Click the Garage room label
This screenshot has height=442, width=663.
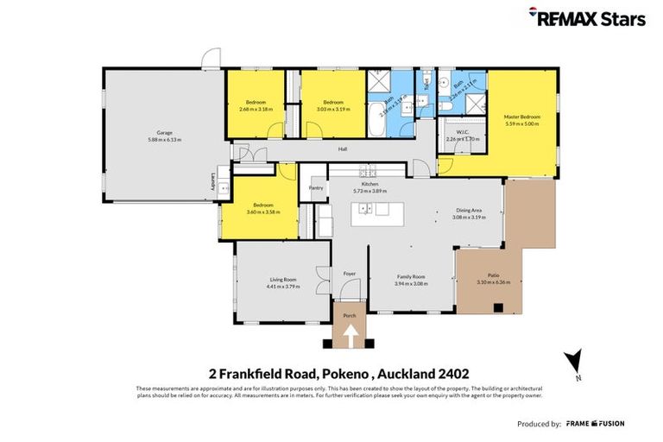(x=164, y=132)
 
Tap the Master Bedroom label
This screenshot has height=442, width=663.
(x=521, y=117)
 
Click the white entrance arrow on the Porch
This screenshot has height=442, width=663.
(x=350, y=336)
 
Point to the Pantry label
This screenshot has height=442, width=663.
(x=316, y=187)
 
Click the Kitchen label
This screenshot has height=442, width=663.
(x=370, y=184)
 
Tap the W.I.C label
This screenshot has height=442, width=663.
(x=463, y=132)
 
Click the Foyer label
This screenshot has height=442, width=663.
(x=350, y=274)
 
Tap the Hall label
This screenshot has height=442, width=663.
(x=343, y=149)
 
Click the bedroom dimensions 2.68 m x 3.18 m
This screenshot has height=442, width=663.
(x=256, y=109)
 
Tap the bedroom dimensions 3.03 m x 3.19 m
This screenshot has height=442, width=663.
(x=333, y=109)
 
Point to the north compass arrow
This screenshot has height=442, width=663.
(x=573, y=361)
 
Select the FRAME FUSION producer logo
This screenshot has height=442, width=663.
(x=595, y=424)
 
